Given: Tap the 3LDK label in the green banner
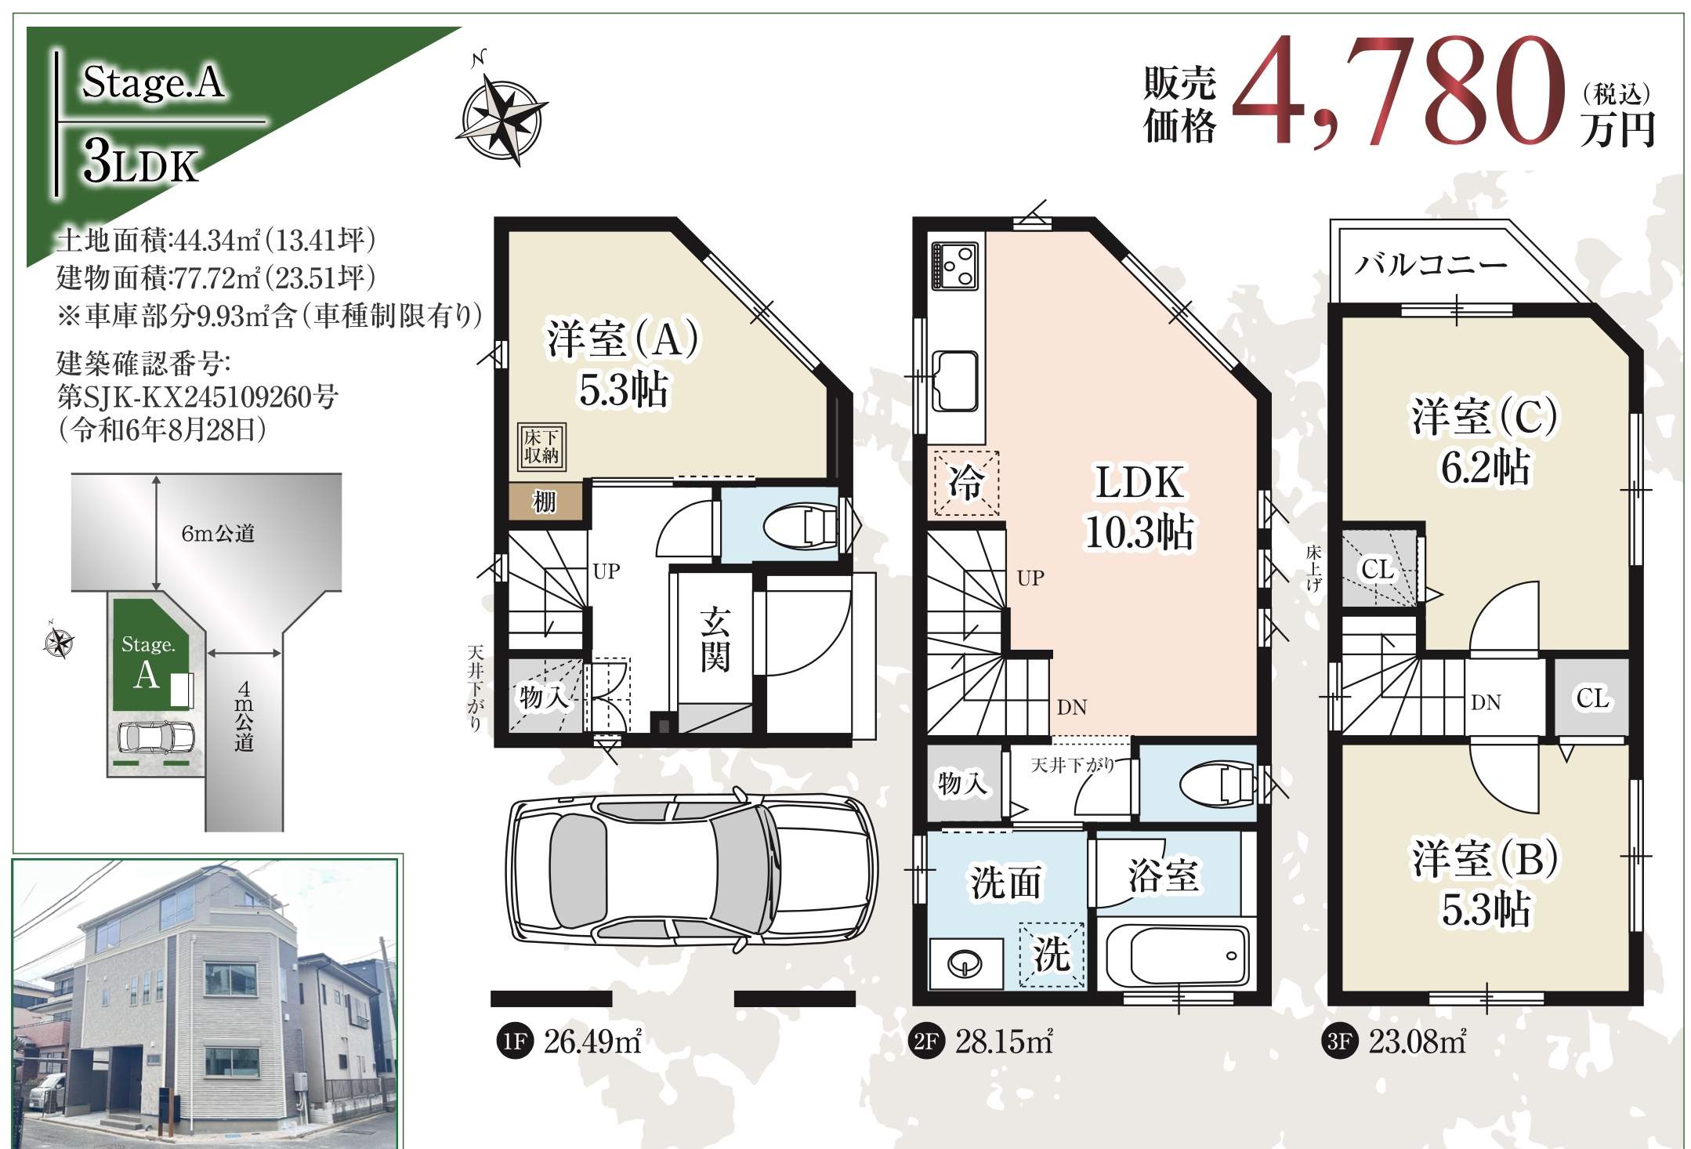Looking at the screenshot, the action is coord(141,164).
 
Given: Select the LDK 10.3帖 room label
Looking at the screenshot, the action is coord(1139,507).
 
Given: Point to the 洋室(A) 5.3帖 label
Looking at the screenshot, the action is coord(623,364).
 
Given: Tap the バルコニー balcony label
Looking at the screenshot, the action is coord(1432,264).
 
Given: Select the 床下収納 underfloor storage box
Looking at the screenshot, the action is coord(541,447).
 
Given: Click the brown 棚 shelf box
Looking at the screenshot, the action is coord(545,500).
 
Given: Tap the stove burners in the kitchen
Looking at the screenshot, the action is coord(955,266).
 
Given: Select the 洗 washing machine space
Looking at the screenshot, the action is coord(1052,955).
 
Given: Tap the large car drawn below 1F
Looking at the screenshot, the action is coord(693,870).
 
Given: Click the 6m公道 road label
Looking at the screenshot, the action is coord(218,534).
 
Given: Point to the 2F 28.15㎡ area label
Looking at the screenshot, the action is coord(981,1042).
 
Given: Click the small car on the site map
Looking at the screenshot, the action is coord(155,738).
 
